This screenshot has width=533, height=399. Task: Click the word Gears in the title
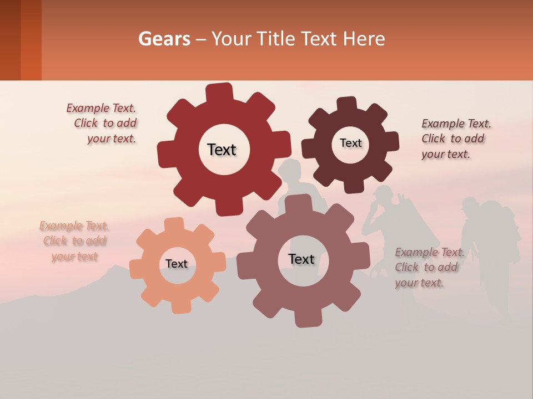[164, 39]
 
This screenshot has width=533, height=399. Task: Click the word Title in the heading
[277, 39]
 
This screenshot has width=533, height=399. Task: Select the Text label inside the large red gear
[222, 150]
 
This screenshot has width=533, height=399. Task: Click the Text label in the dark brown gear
[350, 143]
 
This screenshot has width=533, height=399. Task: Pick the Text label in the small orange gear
[177, 264]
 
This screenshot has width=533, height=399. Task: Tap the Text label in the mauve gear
[301, 259]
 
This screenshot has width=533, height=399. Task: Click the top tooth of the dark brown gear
[346, 104]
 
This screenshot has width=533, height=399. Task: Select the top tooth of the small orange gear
[174, 225]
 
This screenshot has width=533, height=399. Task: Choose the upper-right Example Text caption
[455, 139]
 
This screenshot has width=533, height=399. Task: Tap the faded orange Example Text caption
[74, 241]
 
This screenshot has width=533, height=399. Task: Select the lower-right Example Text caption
[429, 268]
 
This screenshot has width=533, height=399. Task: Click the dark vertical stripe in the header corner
[31, 40]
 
